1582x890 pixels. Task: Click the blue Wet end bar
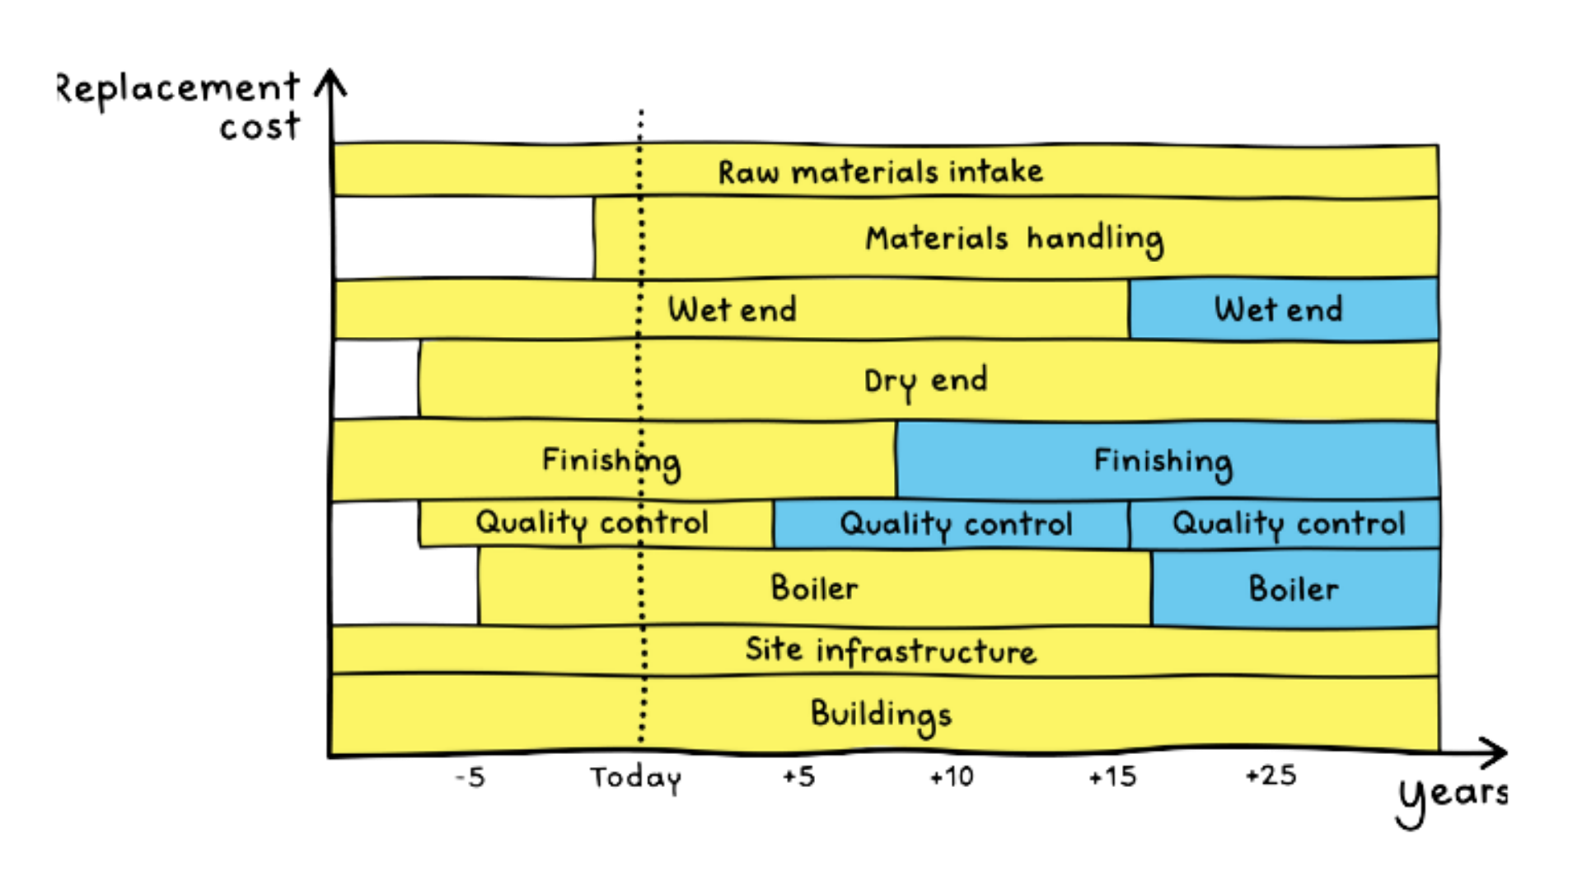[1284, 309]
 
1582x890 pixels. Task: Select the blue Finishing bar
[1168, 460]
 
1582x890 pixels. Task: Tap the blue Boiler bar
[1295, 588]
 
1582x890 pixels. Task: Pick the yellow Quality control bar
[596, 523]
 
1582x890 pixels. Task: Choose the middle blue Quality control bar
[952, 524]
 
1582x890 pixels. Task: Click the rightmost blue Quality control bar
[1285, 524]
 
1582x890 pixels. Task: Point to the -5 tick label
[470, 777]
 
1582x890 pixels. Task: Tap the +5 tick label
[798, 776]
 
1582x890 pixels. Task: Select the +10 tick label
[952, 776]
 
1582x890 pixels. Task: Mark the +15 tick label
[1112, 776]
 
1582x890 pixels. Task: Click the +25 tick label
[1271, 775]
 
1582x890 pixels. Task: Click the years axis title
[1453, 799]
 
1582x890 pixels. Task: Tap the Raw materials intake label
[880, 171]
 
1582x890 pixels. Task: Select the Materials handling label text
[1014, 240]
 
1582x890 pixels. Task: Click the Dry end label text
[925, 382]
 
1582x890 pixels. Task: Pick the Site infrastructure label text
[891, 650]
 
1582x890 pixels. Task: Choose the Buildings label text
[881, 715]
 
